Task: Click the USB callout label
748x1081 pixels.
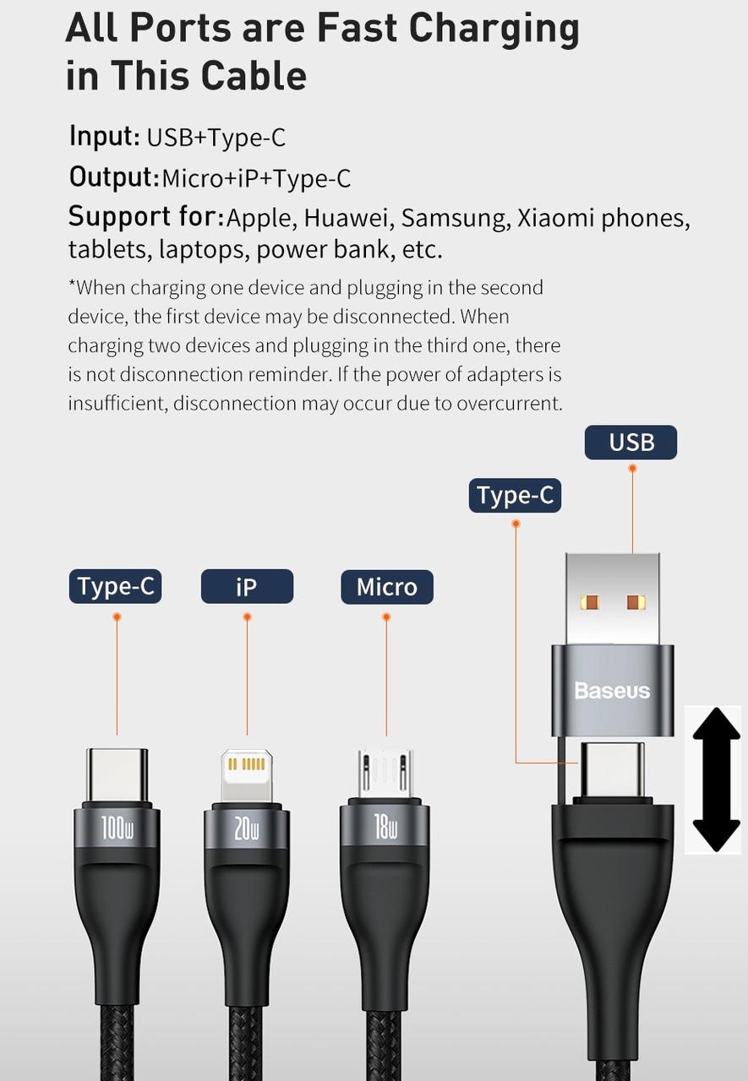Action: [631, 442]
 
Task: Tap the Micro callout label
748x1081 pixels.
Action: [386, 586]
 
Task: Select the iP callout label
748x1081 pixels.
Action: [246, 586]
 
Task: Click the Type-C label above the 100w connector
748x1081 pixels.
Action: [115, 586]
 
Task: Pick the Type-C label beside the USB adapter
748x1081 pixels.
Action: [515, 495]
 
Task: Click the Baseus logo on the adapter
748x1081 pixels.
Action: [612, 691]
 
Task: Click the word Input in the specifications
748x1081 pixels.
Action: [103, 136]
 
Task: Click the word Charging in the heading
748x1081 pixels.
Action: [494, 29]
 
